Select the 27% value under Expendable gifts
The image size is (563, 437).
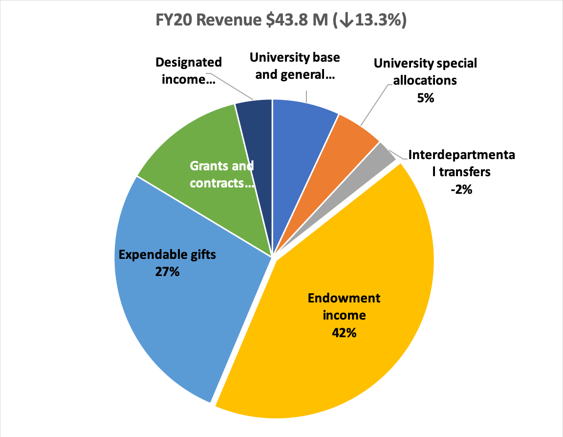(167, 271)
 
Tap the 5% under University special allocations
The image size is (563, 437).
(425, 98)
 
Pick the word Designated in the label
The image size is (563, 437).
(189, 63)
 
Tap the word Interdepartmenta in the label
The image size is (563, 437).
(461, 156)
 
